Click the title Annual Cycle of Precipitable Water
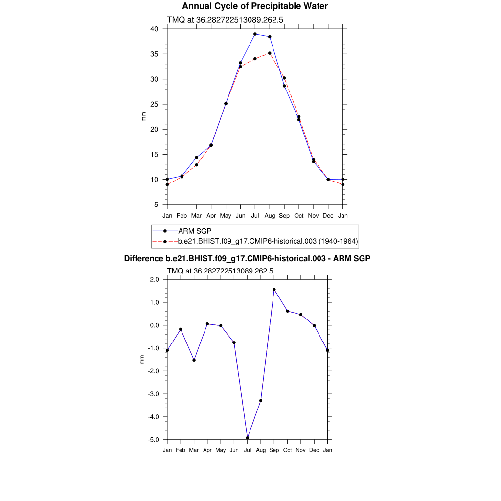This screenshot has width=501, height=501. [x=255, y=6]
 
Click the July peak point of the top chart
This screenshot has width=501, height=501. [x=255, y=34]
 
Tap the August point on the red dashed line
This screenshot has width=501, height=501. [x=270, y=53]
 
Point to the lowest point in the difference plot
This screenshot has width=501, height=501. [x=248, y=438]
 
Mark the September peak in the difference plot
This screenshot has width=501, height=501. [x=274, y=290]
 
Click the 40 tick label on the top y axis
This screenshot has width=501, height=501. [x=154, y=29]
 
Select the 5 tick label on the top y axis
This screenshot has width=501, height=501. [x=156, y=205]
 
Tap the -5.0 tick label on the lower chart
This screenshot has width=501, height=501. [x=153, y=440]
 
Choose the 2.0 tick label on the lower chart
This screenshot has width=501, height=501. [x=154, y=279]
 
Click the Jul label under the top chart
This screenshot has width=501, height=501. [x=255, y=216]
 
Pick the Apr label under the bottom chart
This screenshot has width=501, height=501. [x=207, y=450]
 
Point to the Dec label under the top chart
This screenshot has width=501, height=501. [x=328, y=216]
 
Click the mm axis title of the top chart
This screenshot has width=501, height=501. [x=144, y=116]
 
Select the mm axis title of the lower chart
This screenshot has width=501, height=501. [x=142, y=360]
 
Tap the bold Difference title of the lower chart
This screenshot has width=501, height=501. [x=247, y=258]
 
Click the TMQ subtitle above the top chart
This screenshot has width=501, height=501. [x=226, y=20]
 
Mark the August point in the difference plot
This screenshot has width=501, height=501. [x=261, y=401]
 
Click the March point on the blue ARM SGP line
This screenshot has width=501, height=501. [x=196, y=158]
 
